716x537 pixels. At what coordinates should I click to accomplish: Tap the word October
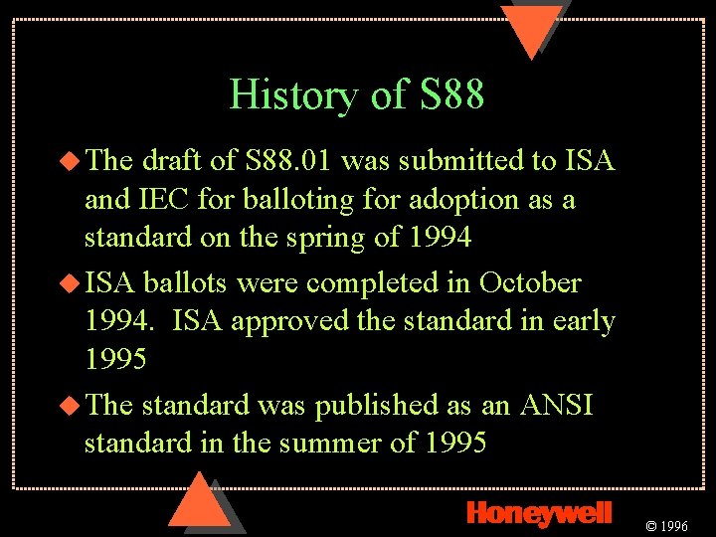tap(530, 282)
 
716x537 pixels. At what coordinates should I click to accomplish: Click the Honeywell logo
tap(538, 512)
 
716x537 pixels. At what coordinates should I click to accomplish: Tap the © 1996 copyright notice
tap(667, 525)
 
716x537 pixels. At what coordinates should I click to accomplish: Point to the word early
tap(584, 321)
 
